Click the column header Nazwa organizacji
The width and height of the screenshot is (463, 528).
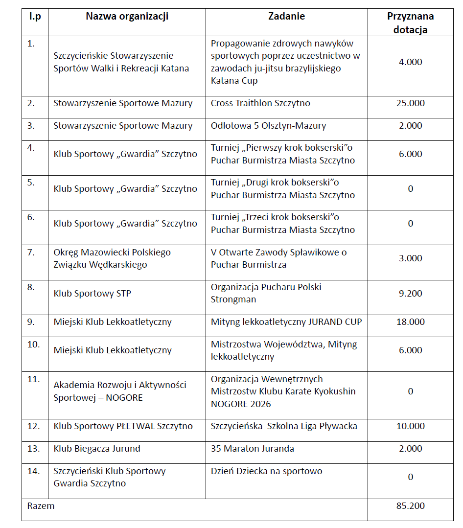127,17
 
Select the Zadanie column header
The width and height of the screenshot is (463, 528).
286,17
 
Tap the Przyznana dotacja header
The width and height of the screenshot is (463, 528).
410,23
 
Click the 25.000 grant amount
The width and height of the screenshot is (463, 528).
410,103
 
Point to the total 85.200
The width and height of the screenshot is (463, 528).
410,506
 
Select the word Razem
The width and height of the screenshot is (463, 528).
41,506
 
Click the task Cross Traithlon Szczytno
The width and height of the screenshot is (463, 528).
260,103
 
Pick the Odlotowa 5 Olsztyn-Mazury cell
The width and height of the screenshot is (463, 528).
268,126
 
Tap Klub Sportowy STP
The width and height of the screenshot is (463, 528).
92,294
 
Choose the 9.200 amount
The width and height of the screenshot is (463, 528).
410,294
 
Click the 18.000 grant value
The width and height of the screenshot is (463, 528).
410,322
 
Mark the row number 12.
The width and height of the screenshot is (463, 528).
34,426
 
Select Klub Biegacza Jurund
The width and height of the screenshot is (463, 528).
97,449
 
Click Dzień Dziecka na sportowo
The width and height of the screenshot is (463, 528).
266,471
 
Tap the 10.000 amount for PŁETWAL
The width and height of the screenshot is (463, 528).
410,426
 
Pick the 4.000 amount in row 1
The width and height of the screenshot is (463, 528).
410,62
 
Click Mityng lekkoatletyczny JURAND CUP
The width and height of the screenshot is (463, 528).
286,322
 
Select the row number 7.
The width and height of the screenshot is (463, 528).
31,253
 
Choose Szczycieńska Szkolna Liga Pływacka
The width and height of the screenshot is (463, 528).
284,426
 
